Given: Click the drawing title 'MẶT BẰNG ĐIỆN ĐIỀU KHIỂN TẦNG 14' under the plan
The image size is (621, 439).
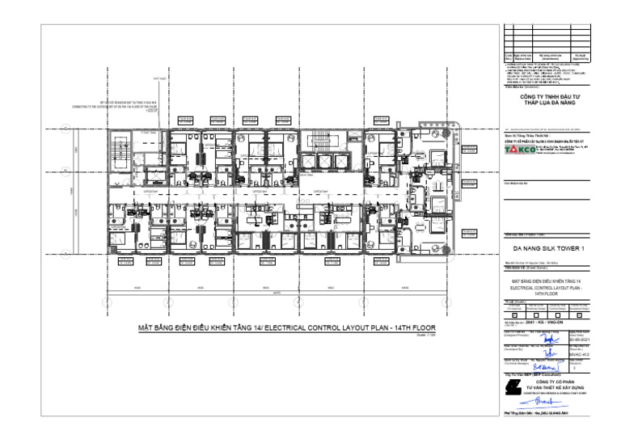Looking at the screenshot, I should (275, 328).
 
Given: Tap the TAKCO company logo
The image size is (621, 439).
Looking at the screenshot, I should (520, 150).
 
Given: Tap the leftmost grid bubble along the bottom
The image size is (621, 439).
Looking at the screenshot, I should (106, 302).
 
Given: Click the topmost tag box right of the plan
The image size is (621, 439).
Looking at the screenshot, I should (471, 150).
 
